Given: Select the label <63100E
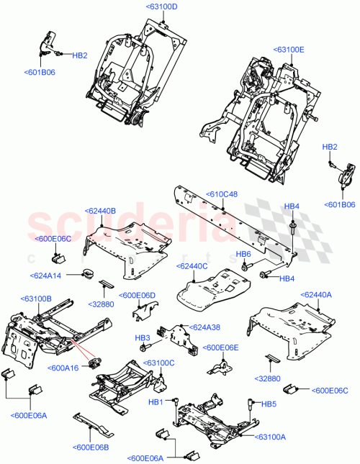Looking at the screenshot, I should click(x=289, y=50).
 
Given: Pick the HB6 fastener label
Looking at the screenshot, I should click(x=243, y=254).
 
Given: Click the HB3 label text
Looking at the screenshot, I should click(x=142, y=337).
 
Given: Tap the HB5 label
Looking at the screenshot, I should click(x=269, y=404).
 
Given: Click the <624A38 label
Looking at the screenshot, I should click(x=204, y=327).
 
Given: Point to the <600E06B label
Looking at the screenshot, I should click(x=90, y=447).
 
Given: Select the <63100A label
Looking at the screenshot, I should click(x=271, y=437).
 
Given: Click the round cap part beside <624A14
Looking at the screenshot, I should click(x=88, y=273).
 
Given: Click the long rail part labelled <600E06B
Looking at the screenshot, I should click(x=92, y=424).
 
